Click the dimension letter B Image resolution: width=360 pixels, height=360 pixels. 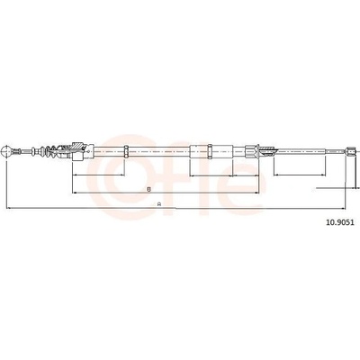(x=148, y=189)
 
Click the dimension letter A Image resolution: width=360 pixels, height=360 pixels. (x=160, y=204)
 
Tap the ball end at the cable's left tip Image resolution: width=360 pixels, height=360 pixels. (x=6, y=151)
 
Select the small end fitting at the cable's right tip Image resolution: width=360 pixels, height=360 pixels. (x=350, y=151)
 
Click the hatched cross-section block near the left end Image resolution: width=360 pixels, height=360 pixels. (x=77, y=147)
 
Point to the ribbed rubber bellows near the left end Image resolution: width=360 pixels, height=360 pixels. (x=48, y=151)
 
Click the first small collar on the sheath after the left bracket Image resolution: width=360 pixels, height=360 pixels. (x=126, y=151)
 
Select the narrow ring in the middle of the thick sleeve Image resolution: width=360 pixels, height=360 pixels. (x=210, y=151)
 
